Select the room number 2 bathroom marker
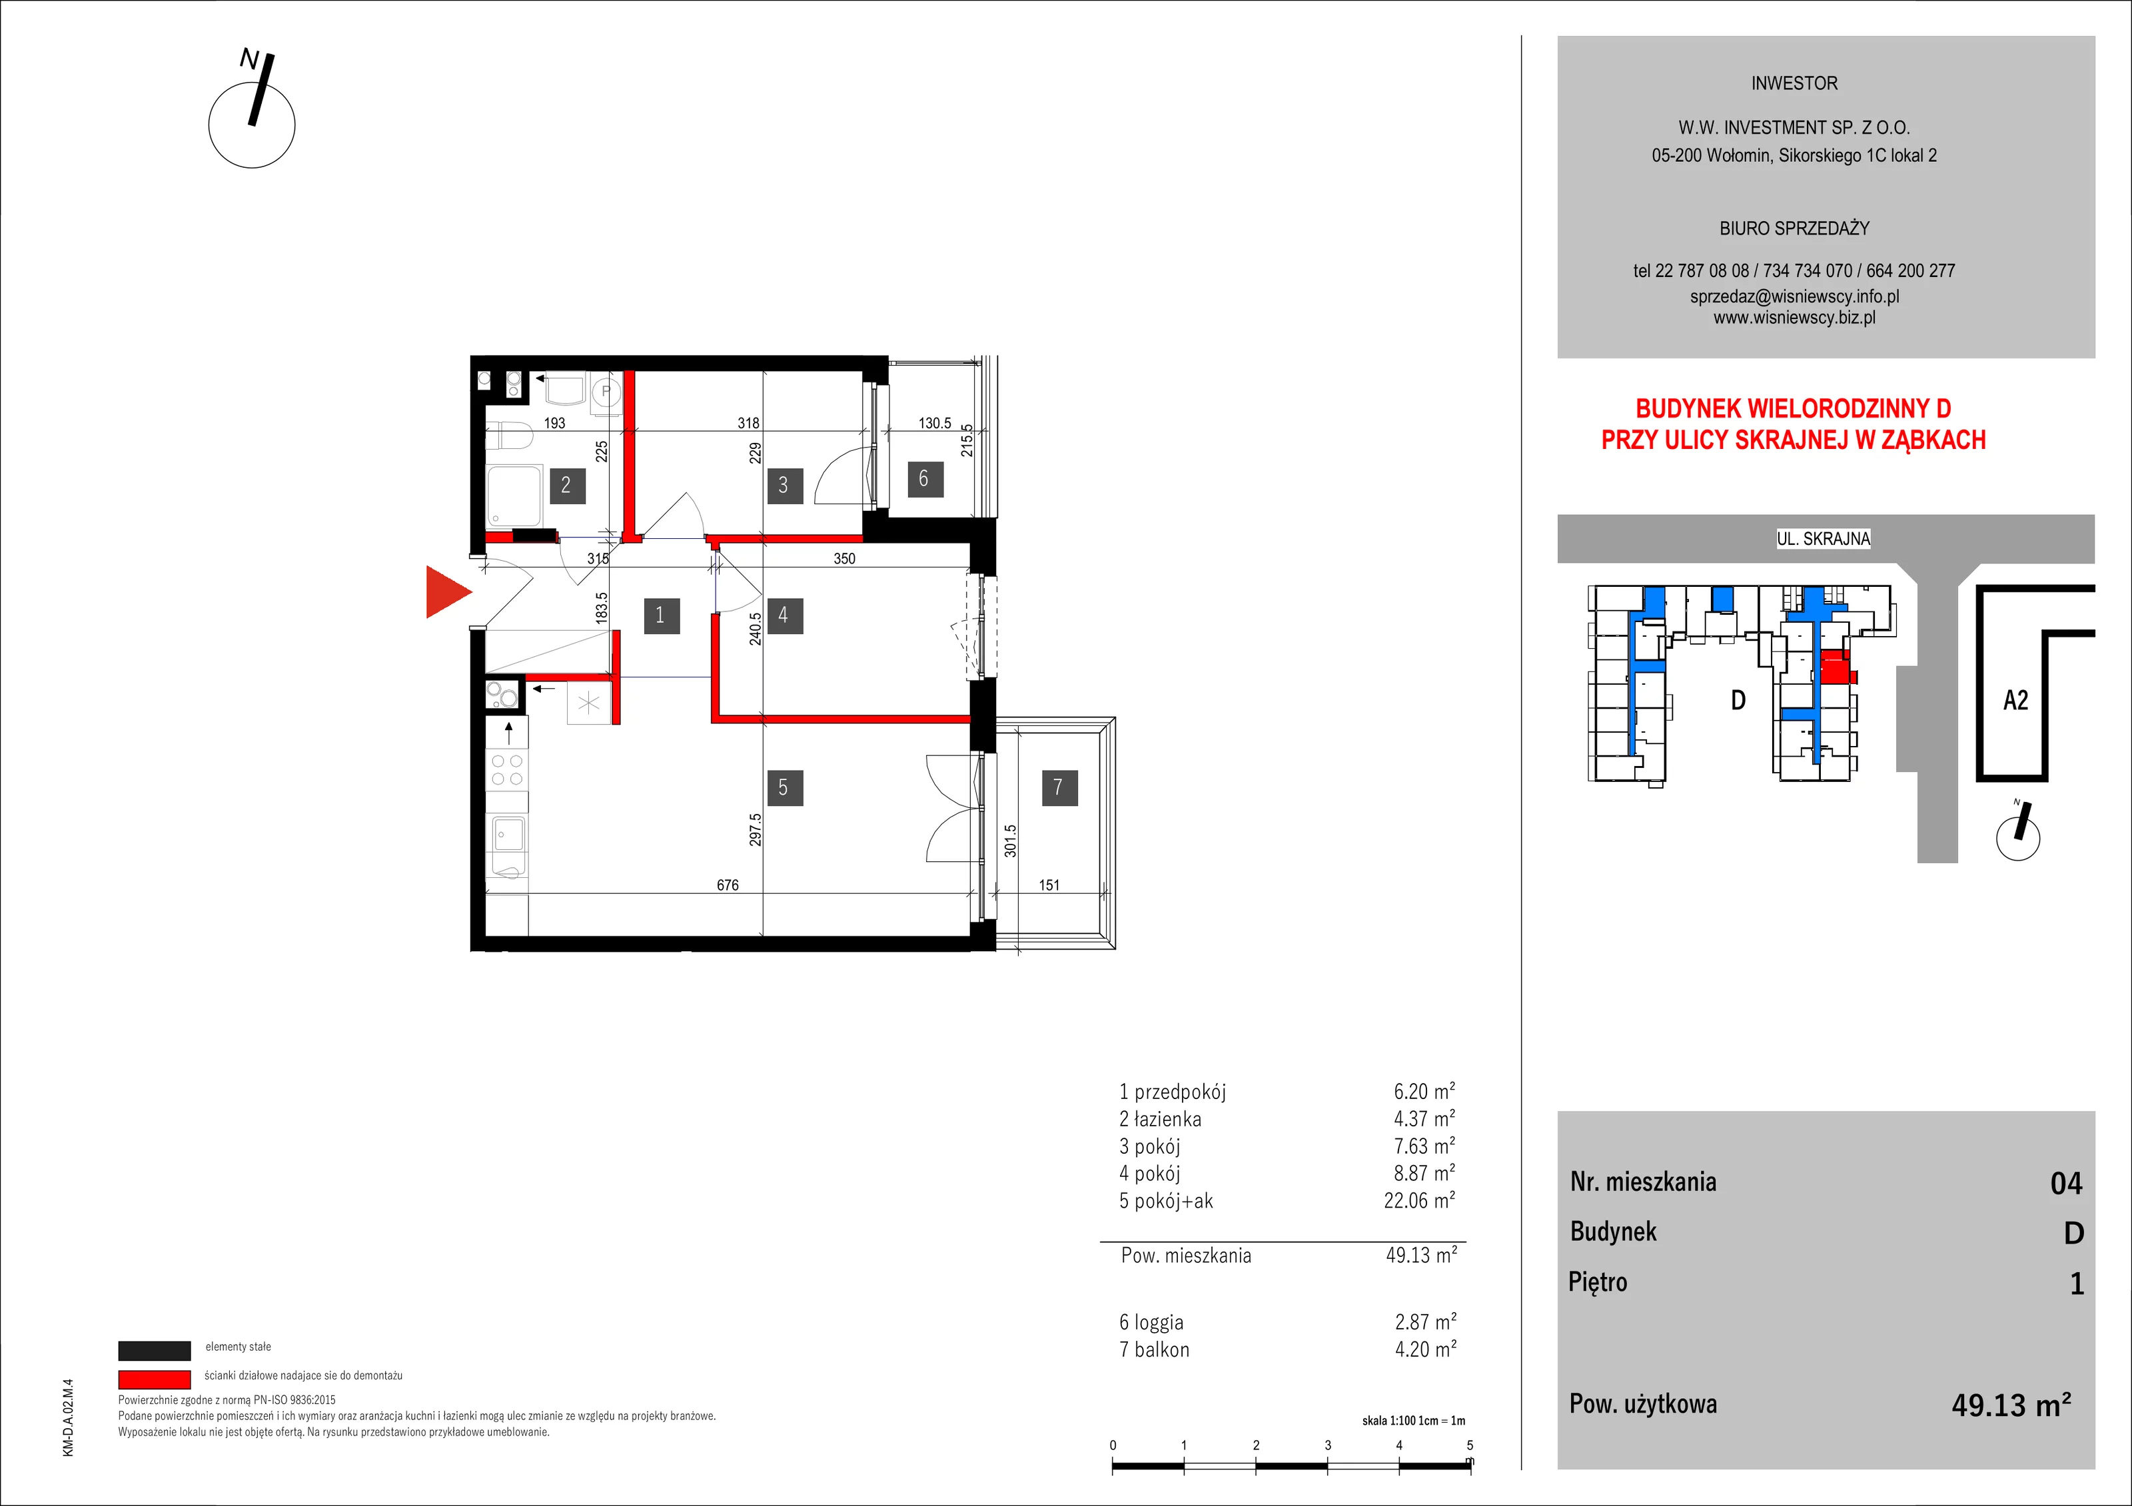(x=566, y=485)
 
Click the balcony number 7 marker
(x=1059, y=787)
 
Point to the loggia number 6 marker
(x=925, y=478)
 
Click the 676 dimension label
(x=728, y=885)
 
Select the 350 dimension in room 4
(x=844, y=558)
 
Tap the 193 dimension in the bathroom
(x=554, y=422)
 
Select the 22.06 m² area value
(x=1419, y=1200)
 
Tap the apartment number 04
(x=2066, y=1183)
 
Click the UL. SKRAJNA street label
(x=1824, y=538)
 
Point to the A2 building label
(x=2016, y=700)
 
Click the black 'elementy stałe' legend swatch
(x=154, y=1350)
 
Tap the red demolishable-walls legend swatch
(x=154, y=1379)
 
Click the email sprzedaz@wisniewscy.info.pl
(x=1794, y=296)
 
